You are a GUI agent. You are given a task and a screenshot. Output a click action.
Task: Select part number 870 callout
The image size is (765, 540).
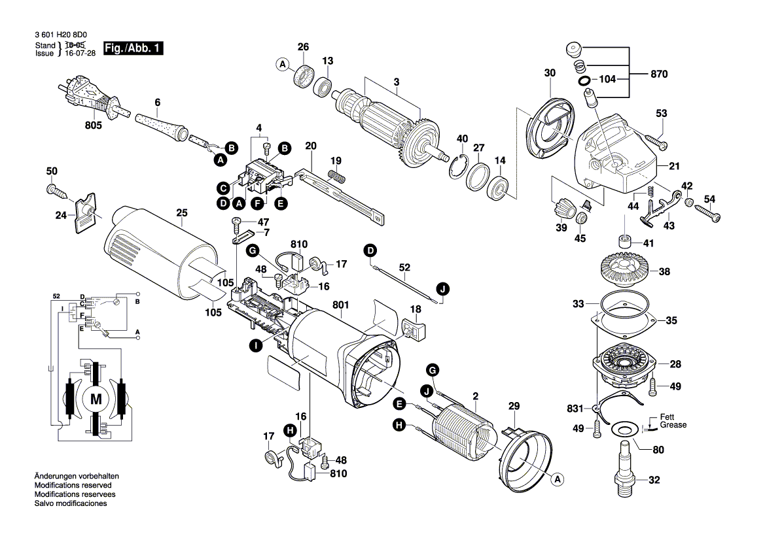(x=658, y=75)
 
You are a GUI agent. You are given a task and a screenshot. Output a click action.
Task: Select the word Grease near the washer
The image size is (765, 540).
(x=673, y=425)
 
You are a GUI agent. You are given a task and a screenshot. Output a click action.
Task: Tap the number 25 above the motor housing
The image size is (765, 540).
(x=181, y=212)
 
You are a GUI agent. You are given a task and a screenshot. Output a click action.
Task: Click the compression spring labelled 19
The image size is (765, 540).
(x=337, y=175)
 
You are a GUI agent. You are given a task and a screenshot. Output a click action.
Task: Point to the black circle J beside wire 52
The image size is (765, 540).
(x=444, y=288)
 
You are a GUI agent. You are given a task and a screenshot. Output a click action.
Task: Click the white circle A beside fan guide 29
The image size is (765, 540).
(x=558, y=481)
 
